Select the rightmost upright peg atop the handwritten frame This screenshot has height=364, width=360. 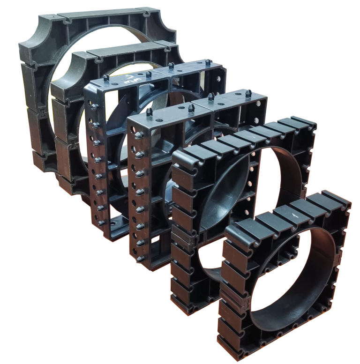(206, 61)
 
